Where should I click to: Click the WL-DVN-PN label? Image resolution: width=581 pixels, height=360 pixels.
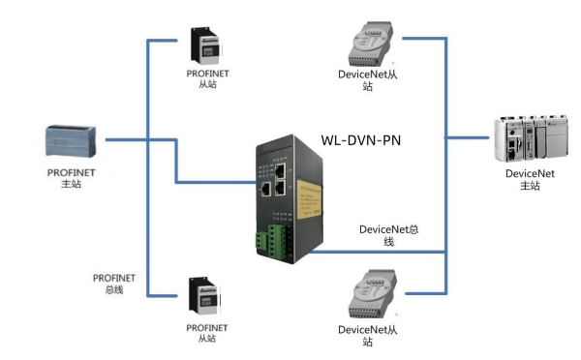360,140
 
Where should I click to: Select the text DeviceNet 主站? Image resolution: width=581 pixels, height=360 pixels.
529,180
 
